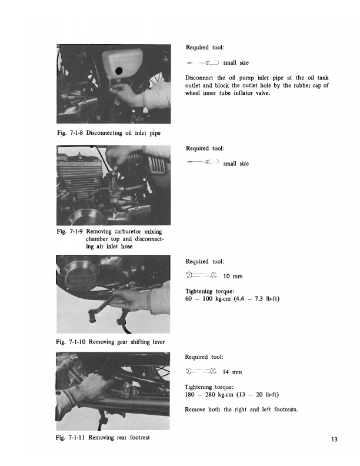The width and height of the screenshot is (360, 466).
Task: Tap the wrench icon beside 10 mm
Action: coord(201,275)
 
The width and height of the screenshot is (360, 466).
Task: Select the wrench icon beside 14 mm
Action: coord(201,371)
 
